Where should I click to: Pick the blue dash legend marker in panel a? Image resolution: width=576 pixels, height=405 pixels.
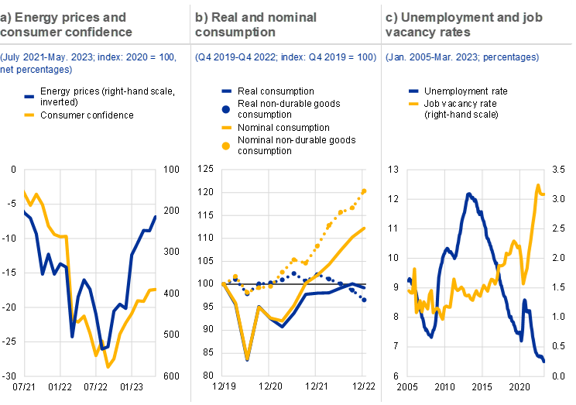tap(29, 97)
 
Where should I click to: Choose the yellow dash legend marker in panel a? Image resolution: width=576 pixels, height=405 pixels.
tap(29, 115)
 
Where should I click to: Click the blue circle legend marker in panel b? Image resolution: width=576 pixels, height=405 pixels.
tap(227, 108)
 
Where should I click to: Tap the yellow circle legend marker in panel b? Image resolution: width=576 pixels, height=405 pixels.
tap(227, 145)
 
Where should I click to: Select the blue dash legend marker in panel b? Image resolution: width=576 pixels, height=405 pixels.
tap(227, 91)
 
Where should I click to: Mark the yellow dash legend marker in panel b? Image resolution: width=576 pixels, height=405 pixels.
tap(227, 126)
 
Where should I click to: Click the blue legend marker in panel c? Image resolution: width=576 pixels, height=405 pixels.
tap(414, 91)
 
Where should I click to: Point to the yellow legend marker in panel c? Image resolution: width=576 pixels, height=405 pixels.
tap(414, 103)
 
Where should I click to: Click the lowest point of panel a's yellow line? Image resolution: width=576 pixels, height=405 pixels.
tap(108, 366)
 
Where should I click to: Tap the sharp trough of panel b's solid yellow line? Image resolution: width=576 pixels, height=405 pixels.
tap(248, 358)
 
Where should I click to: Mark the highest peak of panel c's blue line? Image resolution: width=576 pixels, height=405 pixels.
tap(468, 193)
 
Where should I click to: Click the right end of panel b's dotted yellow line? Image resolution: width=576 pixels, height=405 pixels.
tap(365, 190)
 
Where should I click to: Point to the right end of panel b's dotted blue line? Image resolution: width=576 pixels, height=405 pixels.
tap(365, 300)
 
